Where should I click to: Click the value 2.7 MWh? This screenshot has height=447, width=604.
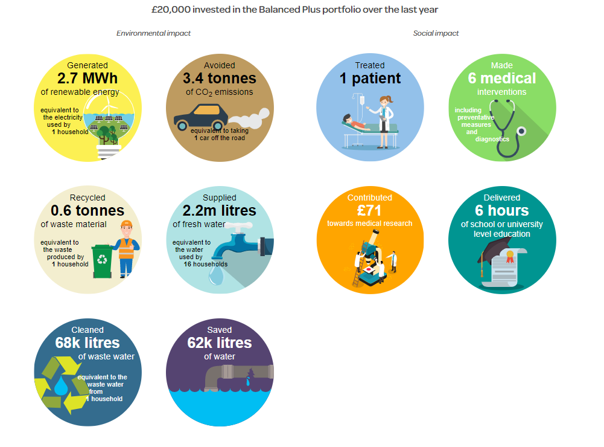pos(87,79)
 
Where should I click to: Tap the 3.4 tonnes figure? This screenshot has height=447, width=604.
pos(220,79)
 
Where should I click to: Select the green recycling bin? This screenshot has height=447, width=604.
pos(102,261)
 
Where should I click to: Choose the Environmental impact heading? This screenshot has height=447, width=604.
pos(153,33)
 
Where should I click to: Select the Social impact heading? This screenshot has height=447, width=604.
pos(436,33)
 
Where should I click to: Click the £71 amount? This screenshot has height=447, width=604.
pos(369,211)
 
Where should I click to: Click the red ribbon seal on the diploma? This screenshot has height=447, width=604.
pos(510,257)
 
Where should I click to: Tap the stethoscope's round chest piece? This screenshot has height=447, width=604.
pos(521,132)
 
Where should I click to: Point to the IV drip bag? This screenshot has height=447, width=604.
pos(362,100)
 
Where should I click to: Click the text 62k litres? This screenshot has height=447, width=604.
pos(220,343)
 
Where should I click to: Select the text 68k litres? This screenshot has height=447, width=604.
pos(87,343)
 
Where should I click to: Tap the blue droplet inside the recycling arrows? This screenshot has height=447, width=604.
pos(61,385)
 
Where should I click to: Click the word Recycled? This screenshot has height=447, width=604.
pos(87,198)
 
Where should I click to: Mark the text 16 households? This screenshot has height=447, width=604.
pos(205,264)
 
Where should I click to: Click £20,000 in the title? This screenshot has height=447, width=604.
pos(171,10)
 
